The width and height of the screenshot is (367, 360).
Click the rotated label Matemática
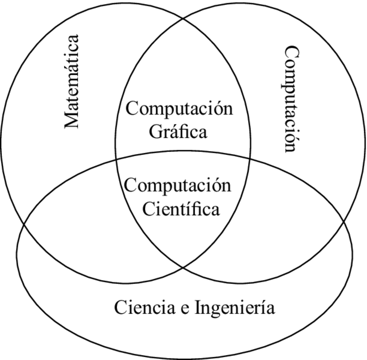[x=72, y=82]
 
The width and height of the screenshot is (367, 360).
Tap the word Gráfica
[x=178, y=132]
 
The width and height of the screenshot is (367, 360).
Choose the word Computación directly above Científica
[x=178, y=186]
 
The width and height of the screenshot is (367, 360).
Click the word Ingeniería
[x=235, y=308]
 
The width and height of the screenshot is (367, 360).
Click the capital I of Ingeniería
[x=199, y=307]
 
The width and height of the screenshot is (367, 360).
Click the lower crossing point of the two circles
[x=183, y=267]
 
